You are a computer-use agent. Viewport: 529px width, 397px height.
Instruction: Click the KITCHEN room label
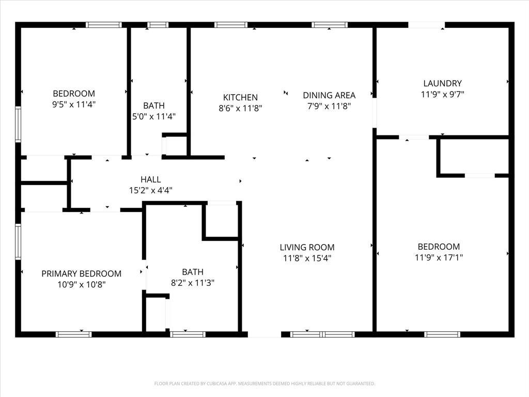(x=240, y=97)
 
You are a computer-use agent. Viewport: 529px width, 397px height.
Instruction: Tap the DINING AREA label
(x=329, y=95)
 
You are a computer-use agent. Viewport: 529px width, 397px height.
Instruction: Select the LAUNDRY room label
(x=442, y=83)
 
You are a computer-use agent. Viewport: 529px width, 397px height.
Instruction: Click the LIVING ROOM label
(x=307, y=247)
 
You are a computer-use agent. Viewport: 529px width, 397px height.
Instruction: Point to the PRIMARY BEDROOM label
(x=82, y=273)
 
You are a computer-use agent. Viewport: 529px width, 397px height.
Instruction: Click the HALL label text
(x=150, y=179)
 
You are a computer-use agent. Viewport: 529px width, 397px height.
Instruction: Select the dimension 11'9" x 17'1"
(x=439, y=257)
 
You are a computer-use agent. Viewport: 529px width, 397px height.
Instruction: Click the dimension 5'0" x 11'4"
(x=154, y=116)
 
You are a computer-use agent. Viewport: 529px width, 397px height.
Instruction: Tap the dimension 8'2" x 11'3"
(x=192, y=283)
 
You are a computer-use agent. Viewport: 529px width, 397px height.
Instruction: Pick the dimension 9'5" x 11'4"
(x=74, y=104)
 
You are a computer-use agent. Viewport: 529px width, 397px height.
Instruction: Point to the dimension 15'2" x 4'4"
(x=150, y=190)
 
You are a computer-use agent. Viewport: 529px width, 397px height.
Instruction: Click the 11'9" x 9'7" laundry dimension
(x=442, y=94)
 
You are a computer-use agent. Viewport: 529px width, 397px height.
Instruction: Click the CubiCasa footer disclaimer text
(x=264, y=384)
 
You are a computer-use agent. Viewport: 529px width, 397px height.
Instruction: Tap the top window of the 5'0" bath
(x=158, y=24)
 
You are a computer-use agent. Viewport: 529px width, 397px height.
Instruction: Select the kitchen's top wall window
(x=230, y=24)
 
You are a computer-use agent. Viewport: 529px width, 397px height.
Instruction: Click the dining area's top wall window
(x=330, y=24)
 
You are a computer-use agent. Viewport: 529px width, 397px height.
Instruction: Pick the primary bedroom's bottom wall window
(x=73, y=334)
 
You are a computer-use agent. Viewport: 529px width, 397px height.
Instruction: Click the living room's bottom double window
(x=323, y=334)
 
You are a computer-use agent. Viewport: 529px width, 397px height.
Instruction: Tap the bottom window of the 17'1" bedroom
(x=442, y=334)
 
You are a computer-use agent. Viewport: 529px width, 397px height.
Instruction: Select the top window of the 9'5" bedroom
(x=103, y=24)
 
